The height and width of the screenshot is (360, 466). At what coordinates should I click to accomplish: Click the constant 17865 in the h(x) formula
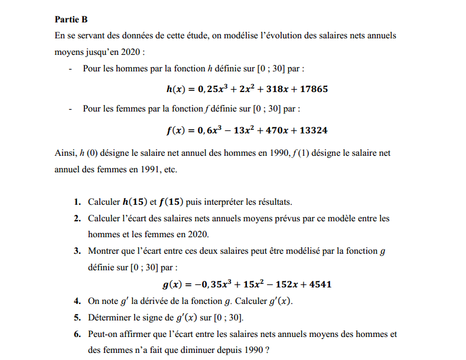point(313,90)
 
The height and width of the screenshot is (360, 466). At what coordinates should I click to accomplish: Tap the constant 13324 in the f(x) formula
point(313,130)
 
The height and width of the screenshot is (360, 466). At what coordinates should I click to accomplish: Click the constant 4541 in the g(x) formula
point(319,284)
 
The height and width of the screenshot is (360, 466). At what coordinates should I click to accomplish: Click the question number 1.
point(77,202)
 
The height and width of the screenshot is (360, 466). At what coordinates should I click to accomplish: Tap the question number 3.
point(77,251)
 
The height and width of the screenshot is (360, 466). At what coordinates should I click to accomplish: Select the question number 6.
point(77,334)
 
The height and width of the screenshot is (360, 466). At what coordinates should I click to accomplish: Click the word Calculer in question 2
point(104,218)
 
